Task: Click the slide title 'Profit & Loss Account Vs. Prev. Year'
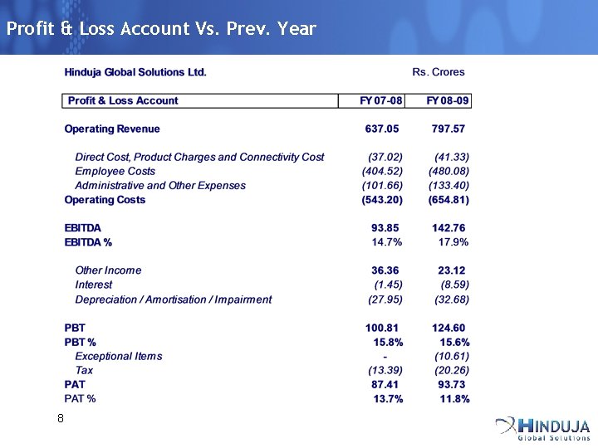(161, 29)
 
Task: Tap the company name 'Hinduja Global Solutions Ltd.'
(135, 72)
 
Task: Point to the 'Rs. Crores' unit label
(438, 72)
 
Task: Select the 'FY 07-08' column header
(381, 100)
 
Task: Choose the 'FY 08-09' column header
(448, 100)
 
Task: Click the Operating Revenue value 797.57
(448, 129)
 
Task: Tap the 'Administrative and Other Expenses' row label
(160, 185)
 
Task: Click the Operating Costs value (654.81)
(448, 200)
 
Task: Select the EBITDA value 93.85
(385, 228)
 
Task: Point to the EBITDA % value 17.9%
(453, 242)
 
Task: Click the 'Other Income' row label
(108, 270)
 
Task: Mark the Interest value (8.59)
(454, 285)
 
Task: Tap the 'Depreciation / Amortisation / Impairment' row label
(173, 299)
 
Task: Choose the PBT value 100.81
(382, 328)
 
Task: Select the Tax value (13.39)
(385, 370)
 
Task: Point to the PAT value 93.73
(451, 384)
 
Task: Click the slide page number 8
(60, 418)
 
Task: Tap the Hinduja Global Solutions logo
(543, 427)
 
